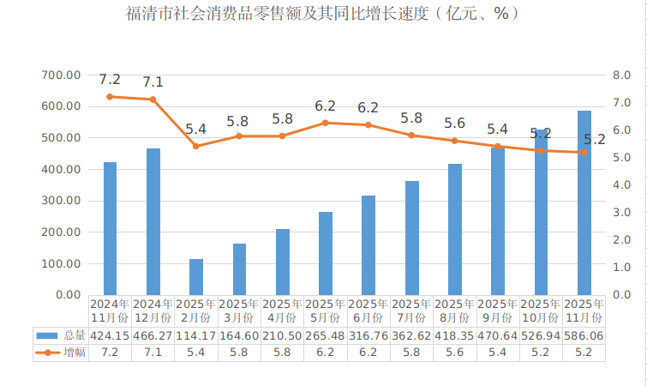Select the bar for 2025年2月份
(x=196, y=276)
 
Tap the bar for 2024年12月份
(x=153, y=221)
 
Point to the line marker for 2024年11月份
(x=110, y=97)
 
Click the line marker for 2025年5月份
(x=326, y=123)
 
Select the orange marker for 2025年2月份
(x=196, y=146)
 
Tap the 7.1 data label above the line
(x=153, y=82)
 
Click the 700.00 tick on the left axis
(x=62, y=75)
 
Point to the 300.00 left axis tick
(x=62, y=201)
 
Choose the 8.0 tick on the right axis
(x=622, y=75)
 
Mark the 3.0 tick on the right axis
(x=622, y=213)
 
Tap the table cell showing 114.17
(x=196, y=335)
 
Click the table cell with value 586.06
(x=584, y=335)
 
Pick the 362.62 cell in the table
(x=412, y=335)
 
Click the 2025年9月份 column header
(x=498, y=311)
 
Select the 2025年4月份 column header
(x=283, y=311)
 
